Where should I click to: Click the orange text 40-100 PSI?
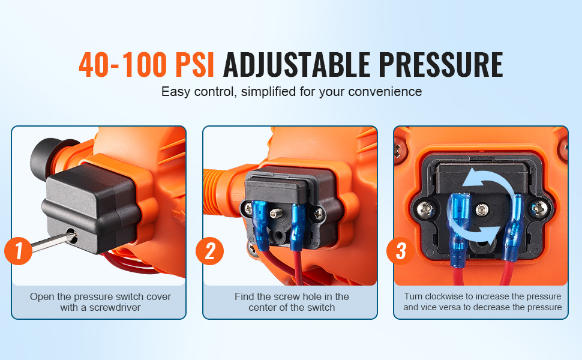pos(146,65)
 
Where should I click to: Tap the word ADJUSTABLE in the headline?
pos(296,65)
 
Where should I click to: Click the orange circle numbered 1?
pos(18,251)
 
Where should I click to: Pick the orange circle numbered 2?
pos(210,251)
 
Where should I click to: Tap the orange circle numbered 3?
pos(400,251)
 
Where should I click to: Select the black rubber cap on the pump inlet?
pos(46,158)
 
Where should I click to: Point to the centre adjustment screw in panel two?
pos(274,214)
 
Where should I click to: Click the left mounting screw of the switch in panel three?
pos(425,209)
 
